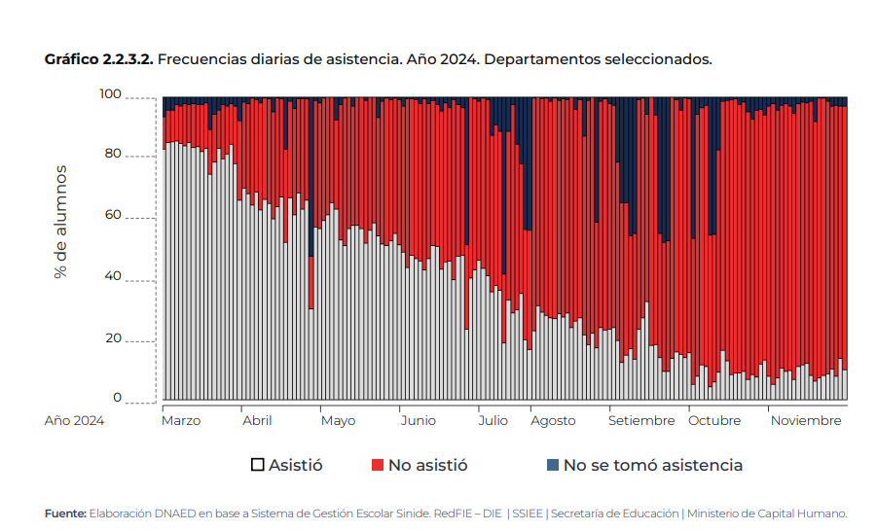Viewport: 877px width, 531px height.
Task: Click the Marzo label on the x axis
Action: [x=181, y=421]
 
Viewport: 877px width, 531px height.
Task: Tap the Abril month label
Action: [x=257, y=421]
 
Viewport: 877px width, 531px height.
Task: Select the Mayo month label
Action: [x=338, y=421]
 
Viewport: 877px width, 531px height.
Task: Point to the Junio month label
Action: [x=419, y=421]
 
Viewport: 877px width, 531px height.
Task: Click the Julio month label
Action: [x=493, y=421]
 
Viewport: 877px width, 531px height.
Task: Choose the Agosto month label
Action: [x=553, y=421]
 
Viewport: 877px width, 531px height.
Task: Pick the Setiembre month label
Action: [x=641, y=421]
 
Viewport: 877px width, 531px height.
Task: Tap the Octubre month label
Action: [x=714, y=421]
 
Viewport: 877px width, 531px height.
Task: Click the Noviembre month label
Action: [x=806, y=421]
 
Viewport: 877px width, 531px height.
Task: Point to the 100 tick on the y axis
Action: [x=110, y=94]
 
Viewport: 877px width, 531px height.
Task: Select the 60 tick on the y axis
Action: [x=114, y=215]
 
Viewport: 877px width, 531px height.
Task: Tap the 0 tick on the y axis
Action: [x=118, y=398]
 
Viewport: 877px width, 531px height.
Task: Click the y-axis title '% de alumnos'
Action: [x=61, y=222]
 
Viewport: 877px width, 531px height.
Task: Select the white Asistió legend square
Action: [x=258, y=465]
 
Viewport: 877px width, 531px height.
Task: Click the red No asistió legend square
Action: [x=378, y=465]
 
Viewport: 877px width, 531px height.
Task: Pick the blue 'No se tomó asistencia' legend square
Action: [x=553, y=465]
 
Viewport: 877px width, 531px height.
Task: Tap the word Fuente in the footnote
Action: [x=65, y=513]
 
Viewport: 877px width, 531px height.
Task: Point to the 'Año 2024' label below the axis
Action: [x=74, y=421]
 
